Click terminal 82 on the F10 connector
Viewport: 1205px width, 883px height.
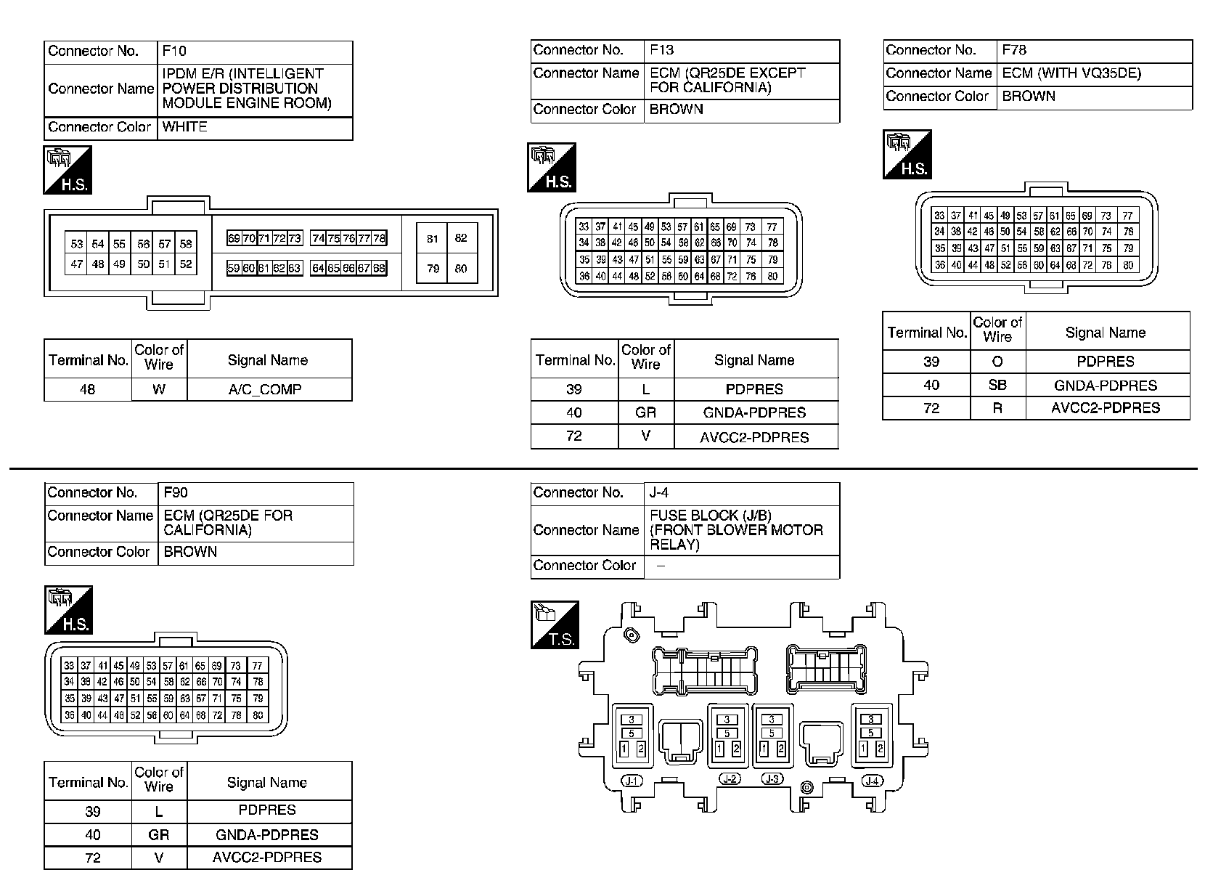pyautogui.click(x=461, y=238)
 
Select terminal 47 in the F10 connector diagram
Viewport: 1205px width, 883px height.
pyautogui.click(x=76, y=264)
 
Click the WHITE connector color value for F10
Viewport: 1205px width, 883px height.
pyautogui.click(x=185, y=127)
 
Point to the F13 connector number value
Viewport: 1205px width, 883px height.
pyautogui.click(x=661, y=50)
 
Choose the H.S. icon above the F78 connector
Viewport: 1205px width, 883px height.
pyautogui.click(x=907, y=155)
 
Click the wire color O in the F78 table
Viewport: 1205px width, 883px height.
pyautogui.click(x=997, y=362)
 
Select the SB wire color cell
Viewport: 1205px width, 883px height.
pyautogui.click(x=997, y=386)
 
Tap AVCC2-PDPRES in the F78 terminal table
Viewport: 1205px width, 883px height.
pyautogui.click(x=1106, y=408)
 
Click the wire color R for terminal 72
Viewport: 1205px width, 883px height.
pyautogui.click(x=997, y=408)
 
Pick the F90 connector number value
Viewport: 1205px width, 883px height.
pyautogui.click(x=176, y=493)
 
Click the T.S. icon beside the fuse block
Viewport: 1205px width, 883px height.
pyautogui.click(x=555, y=624)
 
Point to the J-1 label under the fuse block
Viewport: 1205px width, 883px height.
pyautogui.click(x=632, y=781)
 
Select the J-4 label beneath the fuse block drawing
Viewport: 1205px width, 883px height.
pyautogui.click(x=873, y=781)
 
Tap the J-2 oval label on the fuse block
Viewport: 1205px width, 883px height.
pyautogui.click(x=730, y=779)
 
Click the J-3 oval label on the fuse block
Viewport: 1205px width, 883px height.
pyautogui.click(x=772, y=779)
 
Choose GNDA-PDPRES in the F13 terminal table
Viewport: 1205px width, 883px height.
pyautogui.click(x=754, y=412)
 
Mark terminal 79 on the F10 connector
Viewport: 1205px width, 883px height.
pyautogui.click(x=433, y=269)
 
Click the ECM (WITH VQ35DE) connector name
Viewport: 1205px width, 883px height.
pyautogui.click(x=1071, y=73)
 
